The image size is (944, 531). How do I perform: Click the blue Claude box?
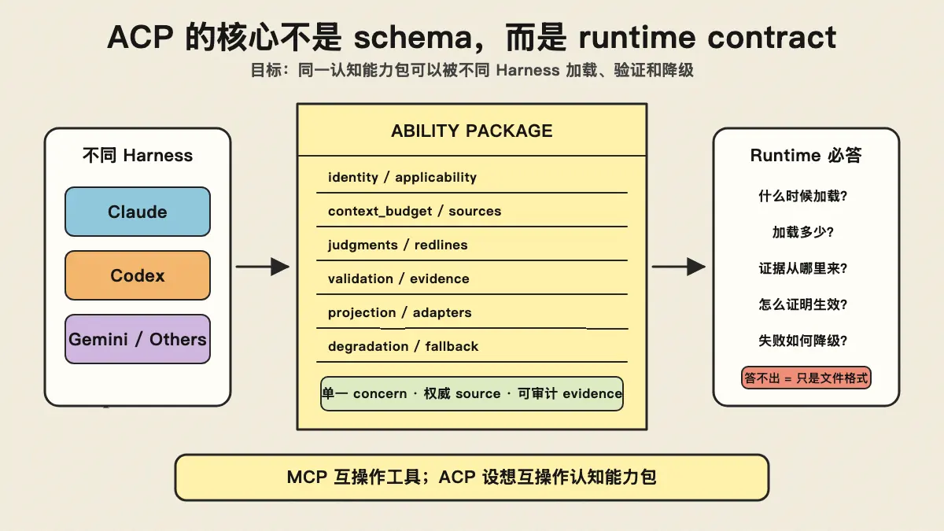point(138,212)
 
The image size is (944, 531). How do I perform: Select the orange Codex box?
point(138,275)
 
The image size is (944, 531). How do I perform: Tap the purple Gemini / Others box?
point(138,339)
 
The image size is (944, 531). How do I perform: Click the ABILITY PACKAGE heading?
point(471,131)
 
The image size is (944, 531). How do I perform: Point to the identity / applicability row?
point(402,178)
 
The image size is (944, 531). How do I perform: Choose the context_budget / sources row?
point(415,211)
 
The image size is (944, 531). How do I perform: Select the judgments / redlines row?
point(398,245)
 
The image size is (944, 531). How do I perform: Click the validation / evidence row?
point(399,278)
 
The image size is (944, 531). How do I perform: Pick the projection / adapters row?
point(400,313)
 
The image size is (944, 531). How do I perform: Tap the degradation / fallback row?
point(404,346)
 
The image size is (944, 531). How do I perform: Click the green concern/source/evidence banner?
point(471,393)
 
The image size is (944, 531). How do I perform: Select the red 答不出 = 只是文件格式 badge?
point(806,378)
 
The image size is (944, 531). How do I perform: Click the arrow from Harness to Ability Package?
point(263,267)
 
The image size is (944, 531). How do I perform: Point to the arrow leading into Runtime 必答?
point(678,267)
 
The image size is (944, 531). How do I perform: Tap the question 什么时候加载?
point(803,196)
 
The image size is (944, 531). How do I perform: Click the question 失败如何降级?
point(803,341)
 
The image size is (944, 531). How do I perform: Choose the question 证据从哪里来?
point(803,268)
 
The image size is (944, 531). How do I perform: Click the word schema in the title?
point(413,38)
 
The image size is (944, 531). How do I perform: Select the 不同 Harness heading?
point(138,156)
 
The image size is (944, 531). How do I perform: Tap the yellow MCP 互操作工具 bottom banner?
point(471,478)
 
